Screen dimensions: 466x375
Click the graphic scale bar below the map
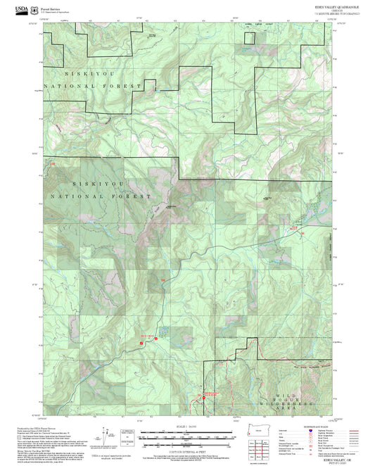point(186,437)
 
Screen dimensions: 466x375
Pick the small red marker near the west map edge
point(51,165)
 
